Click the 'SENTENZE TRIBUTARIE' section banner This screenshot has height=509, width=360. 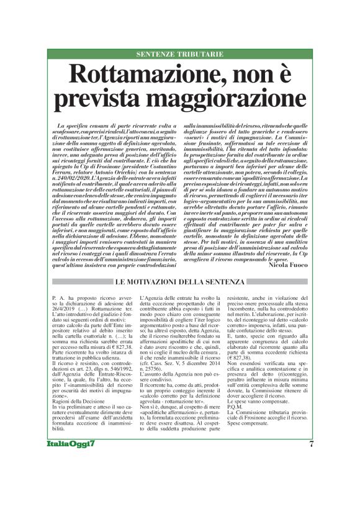coord(179,55)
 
